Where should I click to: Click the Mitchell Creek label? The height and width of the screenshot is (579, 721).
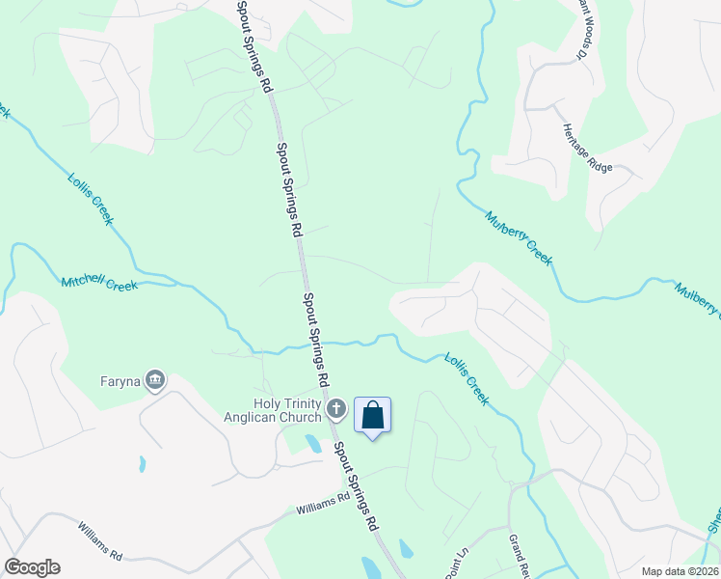click(x=99, y=284)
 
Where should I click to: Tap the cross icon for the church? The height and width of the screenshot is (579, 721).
click(x=336, y=409)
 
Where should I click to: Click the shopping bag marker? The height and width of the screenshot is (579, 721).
click(x=373, y=416)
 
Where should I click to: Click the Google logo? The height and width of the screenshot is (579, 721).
click(x=32, y=567)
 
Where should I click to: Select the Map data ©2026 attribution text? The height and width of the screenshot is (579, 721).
click(x=680, y=571)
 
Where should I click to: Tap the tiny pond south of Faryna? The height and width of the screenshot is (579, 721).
click(x=143, y=463)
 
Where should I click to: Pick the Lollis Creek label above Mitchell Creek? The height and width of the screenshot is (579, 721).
click(x=91, y=199)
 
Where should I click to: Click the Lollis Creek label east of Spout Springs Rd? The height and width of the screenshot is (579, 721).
click(x=467, y=378)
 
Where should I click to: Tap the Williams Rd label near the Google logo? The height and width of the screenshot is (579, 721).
click(x=100, y=542)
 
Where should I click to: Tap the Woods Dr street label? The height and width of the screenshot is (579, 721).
click(x=582, y=29)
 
